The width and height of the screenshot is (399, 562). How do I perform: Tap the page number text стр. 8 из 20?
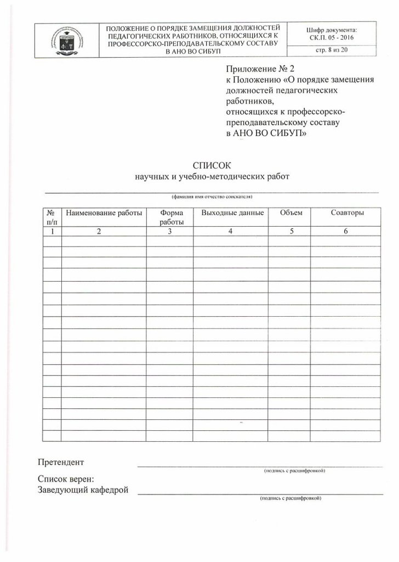pos(333,52)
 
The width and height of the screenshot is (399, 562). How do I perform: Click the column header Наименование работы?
pos(104,213)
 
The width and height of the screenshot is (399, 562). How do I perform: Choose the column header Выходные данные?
pos(232,213)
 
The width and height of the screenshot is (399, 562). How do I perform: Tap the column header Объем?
pos(290,213)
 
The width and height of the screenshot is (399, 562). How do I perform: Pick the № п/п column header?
pos(52,217)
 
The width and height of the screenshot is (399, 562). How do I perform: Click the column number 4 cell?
pos(231,232)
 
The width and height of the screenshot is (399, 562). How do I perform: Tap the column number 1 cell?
pos(52,232)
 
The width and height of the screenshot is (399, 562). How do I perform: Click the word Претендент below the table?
pos(61,461)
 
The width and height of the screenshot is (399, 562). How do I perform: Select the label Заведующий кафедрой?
pos(83,490)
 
